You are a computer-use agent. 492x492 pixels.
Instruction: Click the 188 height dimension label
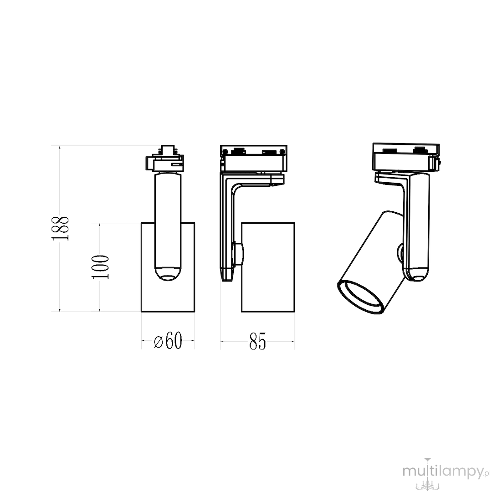click(x=60, y=228)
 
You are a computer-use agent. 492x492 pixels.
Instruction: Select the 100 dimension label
click(x=100, y=266)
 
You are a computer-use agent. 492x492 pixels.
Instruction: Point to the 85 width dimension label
click(x=257, y=341)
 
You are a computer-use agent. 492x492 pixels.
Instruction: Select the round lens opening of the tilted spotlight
click(x=360, y=297)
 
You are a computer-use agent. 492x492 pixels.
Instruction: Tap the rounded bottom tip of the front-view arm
click(x=168, y=274)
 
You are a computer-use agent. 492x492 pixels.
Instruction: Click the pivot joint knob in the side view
click(x=238, y=255)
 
